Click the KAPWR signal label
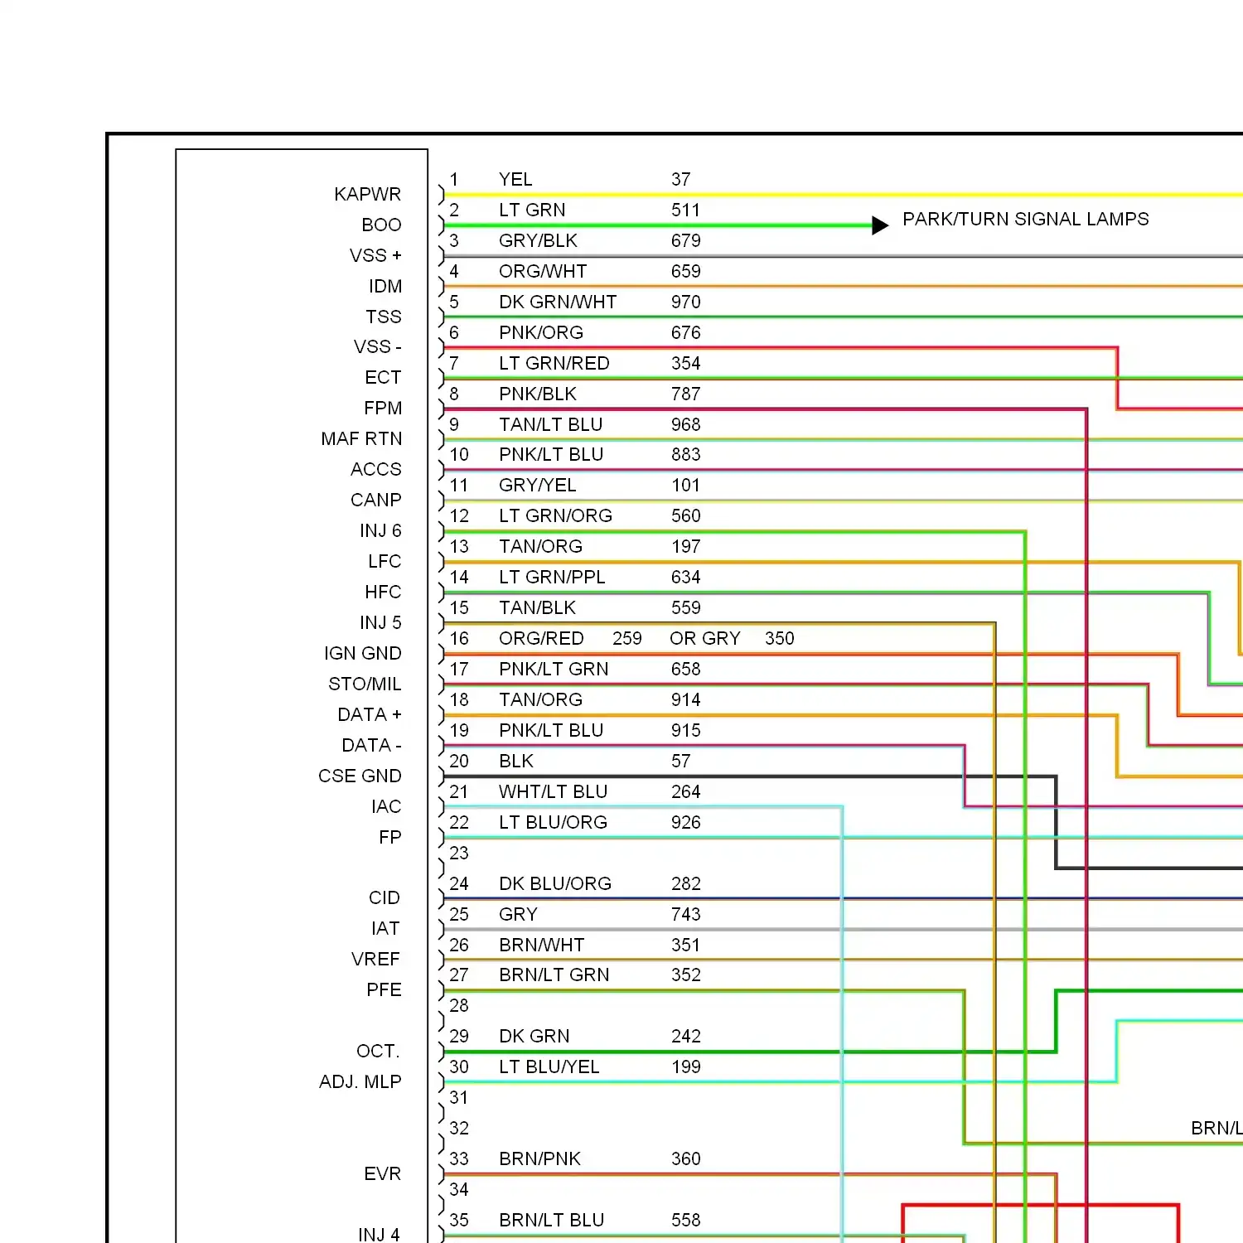click(367, 194)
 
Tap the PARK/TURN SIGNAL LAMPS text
click(1026, 219)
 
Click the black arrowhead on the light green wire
click(880, 225)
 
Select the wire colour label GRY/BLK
click(538, 240)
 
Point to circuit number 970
click(685, 302)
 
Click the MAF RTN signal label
click(361, 438)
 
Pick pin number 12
click(459, 515)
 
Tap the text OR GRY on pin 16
click(704, 638)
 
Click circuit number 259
click(627, 638)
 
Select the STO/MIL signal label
click(365, 684)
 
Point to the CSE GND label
click(360, 776)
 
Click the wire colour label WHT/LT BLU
click(553, 791)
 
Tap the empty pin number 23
click(459, 853)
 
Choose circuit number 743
click(685, 914)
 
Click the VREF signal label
click(375, 959)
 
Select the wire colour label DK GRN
click(534, 1036)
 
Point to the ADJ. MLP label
click(360, 1081)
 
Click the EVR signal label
click(382, 1173)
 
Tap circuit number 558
click(685, 1220)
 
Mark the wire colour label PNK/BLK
click(537, 394)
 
